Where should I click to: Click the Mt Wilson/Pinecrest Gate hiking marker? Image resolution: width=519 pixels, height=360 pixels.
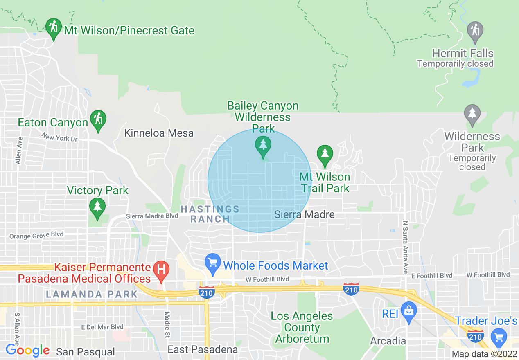pyautogui.click(x=53, y=27)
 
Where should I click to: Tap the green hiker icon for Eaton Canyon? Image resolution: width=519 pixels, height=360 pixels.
pyautogui.click(x=98, y=119)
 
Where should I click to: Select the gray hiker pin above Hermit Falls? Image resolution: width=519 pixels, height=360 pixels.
pyautogui.click(x=475, y=31)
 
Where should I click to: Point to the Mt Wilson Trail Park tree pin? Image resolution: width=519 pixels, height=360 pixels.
pyautogui.click(x=325, y=155)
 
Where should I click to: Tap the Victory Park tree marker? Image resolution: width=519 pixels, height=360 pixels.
pyautogui.click(x=97, y=207)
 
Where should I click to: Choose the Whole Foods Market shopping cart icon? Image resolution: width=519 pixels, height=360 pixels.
pyautogui.click(x=212, y=263)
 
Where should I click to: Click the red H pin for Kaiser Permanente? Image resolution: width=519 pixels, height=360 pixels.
pyautogui.click(x=161, y=270)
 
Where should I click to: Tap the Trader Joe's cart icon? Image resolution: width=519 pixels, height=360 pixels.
pyautogui.click(x=499, y=337)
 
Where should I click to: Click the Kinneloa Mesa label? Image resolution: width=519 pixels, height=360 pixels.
pyautogui.click(x=159, y=133)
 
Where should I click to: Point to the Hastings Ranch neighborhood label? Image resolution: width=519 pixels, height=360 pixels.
pyautogui.click(x=210, y=214)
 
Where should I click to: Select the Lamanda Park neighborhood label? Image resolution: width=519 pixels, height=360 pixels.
pyautogui.click(x=92, y=294)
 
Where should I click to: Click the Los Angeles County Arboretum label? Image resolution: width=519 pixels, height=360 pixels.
pyautogui.click(x=302, y=327)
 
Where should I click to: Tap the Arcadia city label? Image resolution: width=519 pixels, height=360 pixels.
pyautogui.click(x=388, y=341)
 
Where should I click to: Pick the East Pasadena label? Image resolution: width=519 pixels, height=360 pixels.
pyautogui.click(x=203, y=349)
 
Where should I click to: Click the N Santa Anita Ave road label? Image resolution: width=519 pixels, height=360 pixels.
pyautogui.click(x=406, y=247)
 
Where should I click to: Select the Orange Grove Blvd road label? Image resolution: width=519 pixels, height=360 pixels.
pyautogui.click(x=36, y=236)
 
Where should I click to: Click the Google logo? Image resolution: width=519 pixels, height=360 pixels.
pyautogui.click(x=27, y=350)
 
